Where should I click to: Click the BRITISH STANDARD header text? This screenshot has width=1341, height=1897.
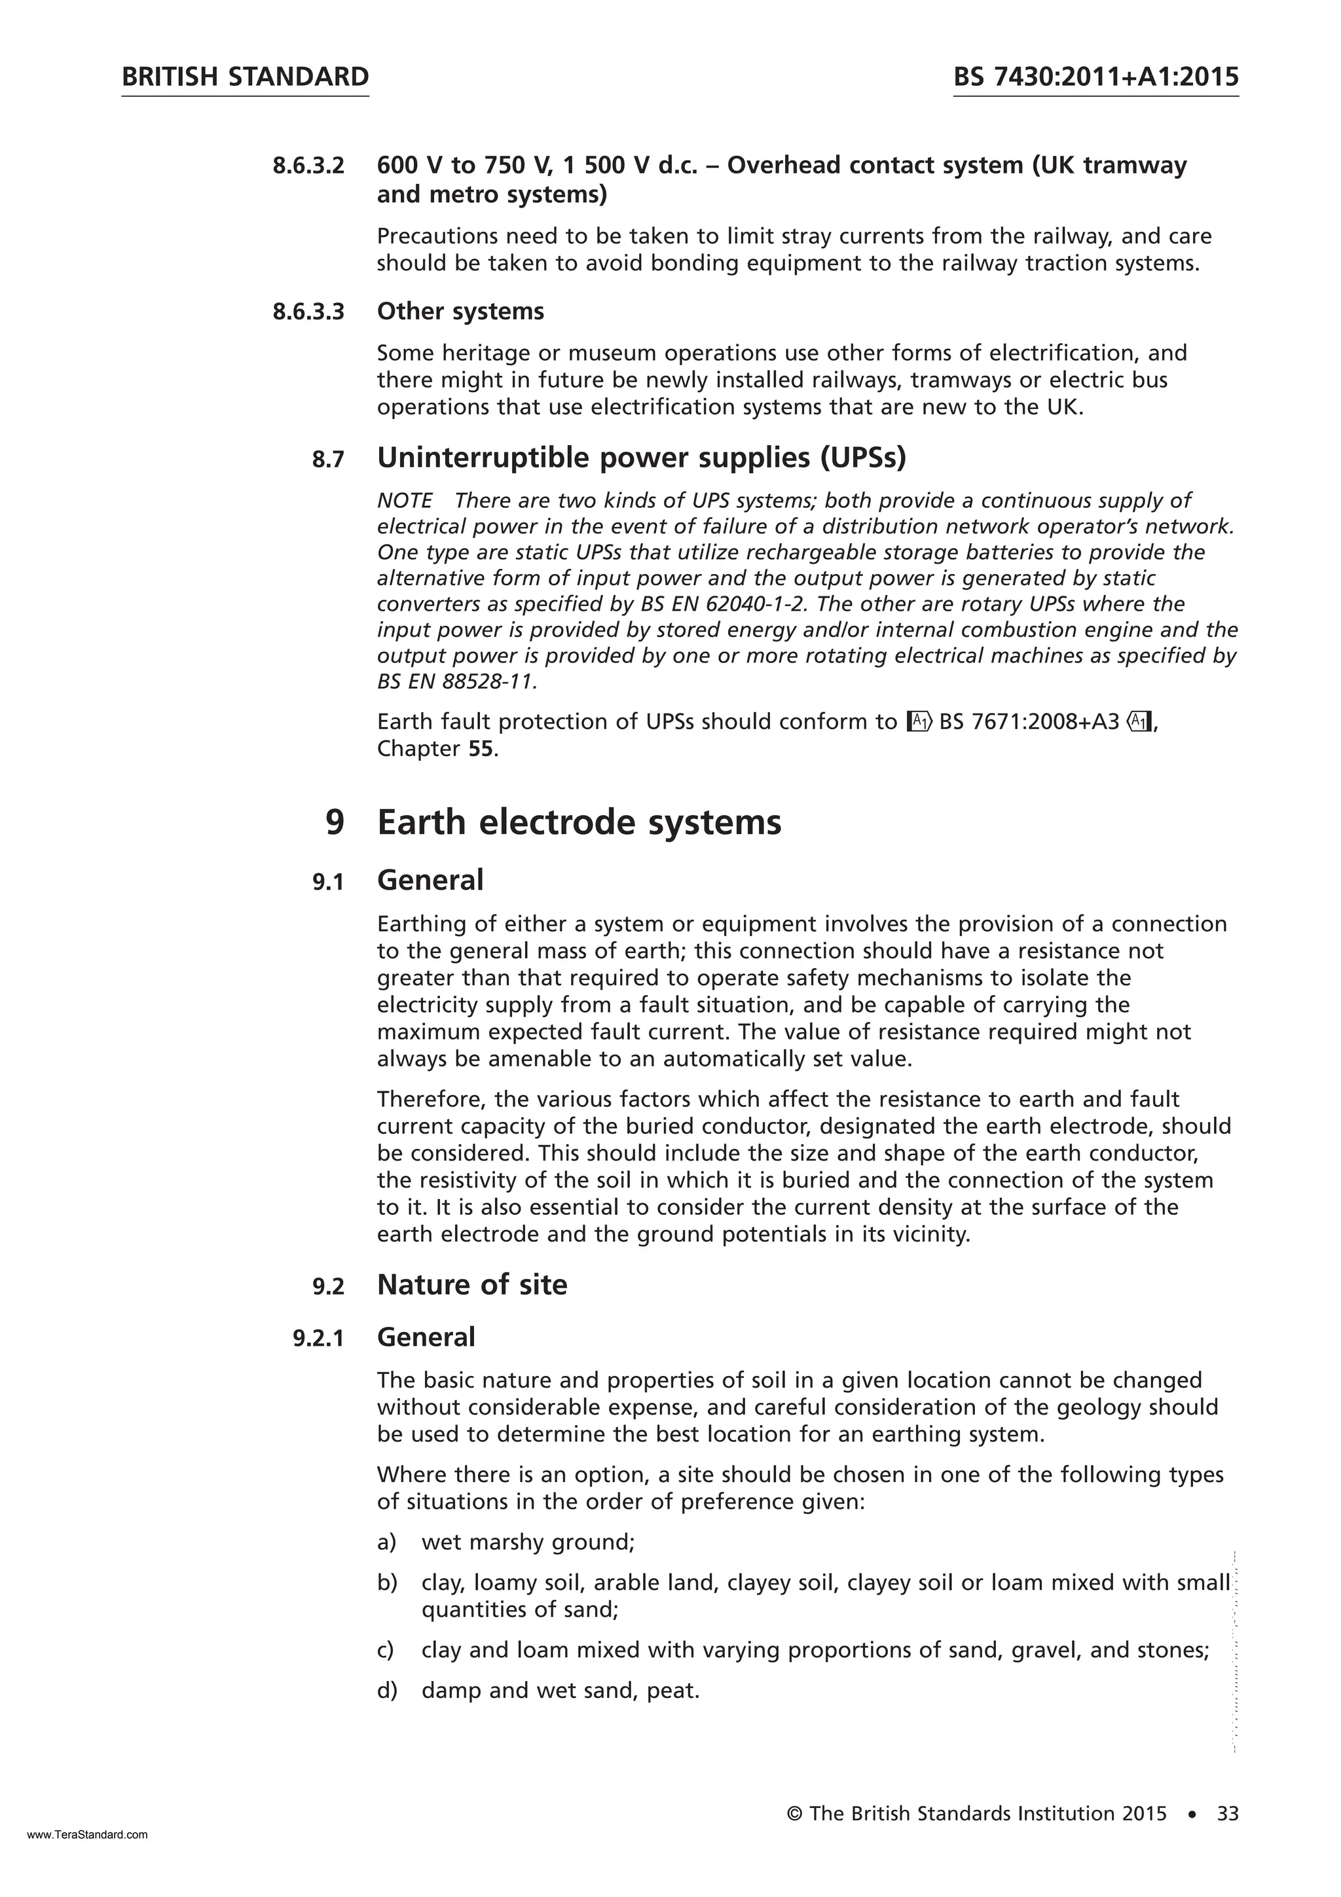[x=245, y=77]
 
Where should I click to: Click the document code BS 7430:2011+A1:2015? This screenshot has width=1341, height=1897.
[x=1095, y=77]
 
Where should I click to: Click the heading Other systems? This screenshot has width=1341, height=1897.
[x=460, y=312]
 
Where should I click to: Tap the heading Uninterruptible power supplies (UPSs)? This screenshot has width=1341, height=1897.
[x=641, y=457]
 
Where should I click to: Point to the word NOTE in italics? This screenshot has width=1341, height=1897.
[x=405, y=501]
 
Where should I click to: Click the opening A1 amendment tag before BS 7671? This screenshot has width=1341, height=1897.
[x=919, y=722]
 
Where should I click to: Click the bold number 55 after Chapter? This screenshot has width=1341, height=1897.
[x=482, y=750]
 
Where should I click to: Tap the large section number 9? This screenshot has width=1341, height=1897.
[x=334, y=823]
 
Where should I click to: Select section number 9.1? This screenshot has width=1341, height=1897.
[x=327, y=882]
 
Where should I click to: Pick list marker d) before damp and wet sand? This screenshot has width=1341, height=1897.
[x=387, y=1690]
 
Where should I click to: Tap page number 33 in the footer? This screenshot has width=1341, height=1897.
[x=1227, y=1814]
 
